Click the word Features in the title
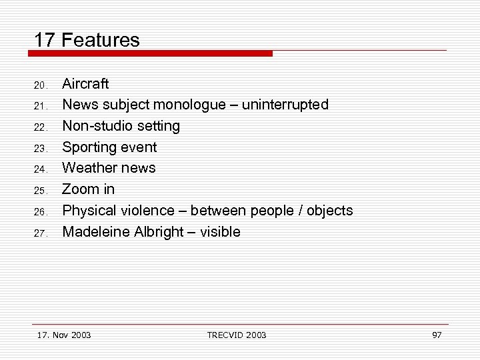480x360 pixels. pos(100,40)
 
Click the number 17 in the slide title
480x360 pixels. pos(44,40)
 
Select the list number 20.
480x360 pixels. pos(40,85)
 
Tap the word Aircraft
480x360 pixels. pos(85,84)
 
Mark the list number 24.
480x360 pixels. pos(40,170)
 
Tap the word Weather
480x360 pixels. pos(87,168)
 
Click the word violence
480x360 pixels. pos(149,211)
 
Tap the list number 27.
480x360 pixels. pos(40,234)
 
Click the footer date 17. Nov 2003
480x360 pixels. pos(65,335)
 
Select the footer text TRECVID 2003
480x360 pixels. pos(237,335)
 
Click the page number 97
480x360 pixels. pos(437,335)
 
